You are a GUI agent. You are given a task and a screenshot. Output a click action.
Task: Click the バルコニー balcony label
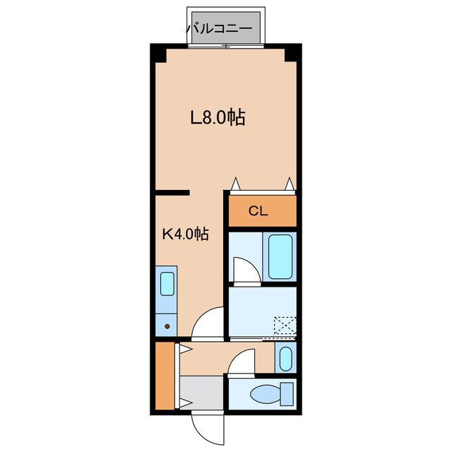[219, 28]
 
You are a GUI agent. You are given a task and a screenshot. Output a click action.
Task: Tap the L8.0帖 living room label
[218, 117]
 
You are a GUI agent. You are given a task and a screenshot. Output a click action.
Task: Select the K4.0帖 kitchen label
[186, 234]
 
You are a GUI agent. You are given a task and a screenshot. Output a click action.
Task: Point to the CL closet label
[258, 211]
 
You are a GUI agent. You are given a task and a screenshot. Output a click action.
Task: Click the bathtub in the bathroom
[280, 256]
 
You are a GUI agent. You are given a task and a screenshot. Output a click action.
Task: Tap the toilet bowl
[266, 394]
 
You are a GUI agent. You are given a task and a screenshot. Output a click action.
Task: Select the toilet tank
[287, 394]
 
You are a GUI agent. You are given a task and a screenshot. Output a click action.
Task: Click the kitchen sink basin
[167, 284]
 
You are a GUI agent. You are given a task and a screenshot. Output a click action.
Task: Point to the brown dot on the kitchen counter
[167, 326]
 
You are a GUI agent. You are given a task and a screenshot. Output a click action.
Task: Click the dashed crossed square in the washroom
[285, 326]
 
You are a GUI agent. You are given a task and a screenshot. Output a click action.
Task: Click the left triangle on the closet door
[236, 184]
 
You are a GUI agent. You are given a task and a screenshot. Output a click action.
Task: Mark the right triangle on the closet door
[290, 184]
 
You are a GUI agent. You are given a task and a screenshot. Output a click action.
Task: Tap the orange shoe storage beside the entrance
[165, 375]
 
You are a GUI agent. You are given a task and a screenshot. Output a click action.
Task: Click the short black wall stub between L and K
[172, 193]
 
